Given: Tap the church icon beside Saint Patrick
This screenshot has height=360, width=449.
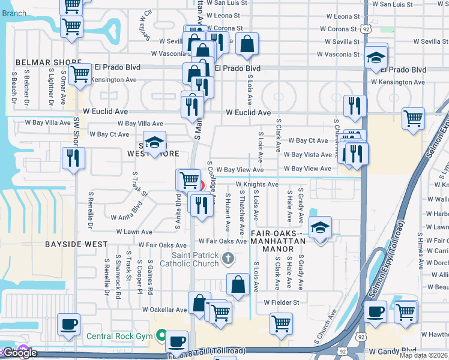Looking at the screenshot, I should (228, 259).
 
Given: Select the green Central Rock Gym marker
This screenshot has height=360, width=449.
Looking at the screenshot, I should (161, 335).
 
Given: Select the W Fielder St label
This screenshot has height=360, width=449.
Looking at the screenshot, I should (282, 302).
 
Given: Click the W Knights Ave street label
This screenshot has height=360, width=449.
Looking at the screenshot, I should (257, 184).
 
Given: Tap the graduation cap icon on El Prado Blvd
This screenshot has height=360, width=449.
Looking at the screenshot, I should (376, 57).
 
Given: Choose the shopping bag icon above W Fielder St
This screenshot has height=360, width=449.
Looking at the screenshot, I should (238, 284).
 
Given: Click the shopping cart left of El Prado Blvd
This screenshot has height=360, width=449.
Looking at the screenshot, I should (80, 74).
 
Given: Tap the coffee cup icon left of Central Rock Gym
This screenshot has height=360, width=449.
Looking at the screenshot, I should (68, 324).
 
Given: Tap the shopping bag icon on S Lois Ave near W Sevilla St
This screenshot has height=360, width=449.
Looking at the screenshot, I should (247, 43).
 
